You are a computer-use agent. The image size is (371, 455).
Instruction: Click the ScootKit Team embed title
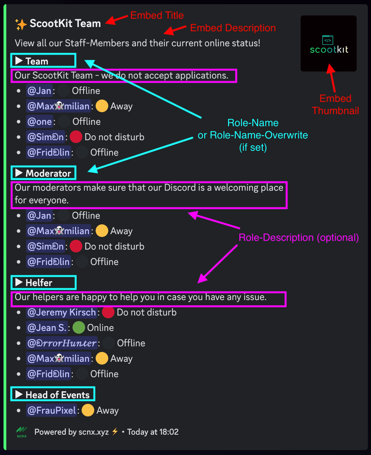pos(65,23)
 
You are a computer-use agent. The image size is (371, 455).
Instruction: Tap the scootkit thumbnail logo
pos(329,44)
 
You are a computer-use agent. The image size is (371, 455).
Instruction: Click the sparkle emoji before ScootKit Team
pos(21,24)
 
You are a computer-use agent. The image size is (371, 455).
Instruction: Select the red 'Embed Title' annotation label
pos(157,15)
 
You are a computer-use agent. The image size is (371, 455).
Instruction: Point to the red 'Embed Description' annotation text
pos(233,28)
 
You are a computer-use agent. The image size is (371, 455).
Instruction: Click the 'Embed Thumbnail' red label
pos(335,104)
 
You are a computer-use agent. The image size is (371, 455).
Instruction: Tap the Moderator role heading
pos(48,173)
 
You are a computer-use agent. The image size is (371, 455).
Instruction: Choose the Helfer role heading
pos(39,283)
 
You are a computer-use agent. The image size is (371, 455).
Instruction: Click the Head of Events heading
pos(57,395)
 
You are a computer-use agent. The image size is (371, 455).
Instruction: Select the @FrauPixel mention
pos(51,410)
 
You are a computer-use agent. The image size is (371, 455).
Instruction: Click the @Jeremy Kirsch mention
pos(62,312)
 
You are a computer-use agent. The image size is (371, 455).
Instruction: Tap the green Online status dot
pos(79,327)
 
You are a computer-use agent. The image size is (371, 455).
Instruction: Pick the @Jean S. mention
pos(47,327)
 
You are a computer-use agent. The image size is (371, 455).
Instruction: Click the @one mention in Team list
pos(40,121)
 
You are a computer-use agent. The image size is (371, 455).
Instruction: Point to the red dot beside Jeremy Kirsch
pos(108,312)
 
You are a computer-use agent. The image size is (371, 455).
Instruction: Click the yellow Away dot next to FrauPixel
pos(88,410)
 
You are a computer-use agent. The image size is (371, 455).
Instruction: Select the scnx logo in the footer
pos(22,432)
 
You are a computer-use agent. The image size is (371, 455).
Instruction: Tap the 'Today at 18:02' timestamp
pos(153,432)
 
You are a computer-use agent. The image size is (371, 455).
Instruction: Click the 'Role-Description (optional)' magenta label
pos(298,238)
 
